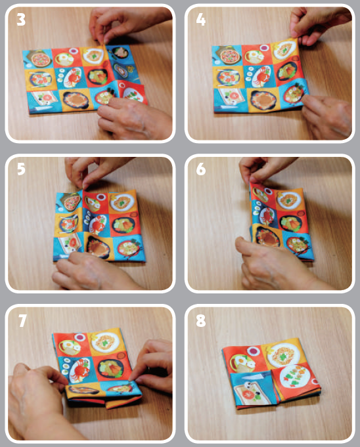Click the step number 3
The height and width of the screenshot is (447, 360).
coord(21,20)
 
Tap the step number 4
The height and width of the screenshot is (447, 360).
coord(201,20)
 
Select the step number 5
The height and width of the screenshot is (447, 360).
coord(21,169)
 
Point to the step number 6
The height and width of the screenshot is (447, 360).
coord(201,169)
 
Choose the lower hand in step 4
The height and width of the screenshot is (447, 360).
coord(325,115)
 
